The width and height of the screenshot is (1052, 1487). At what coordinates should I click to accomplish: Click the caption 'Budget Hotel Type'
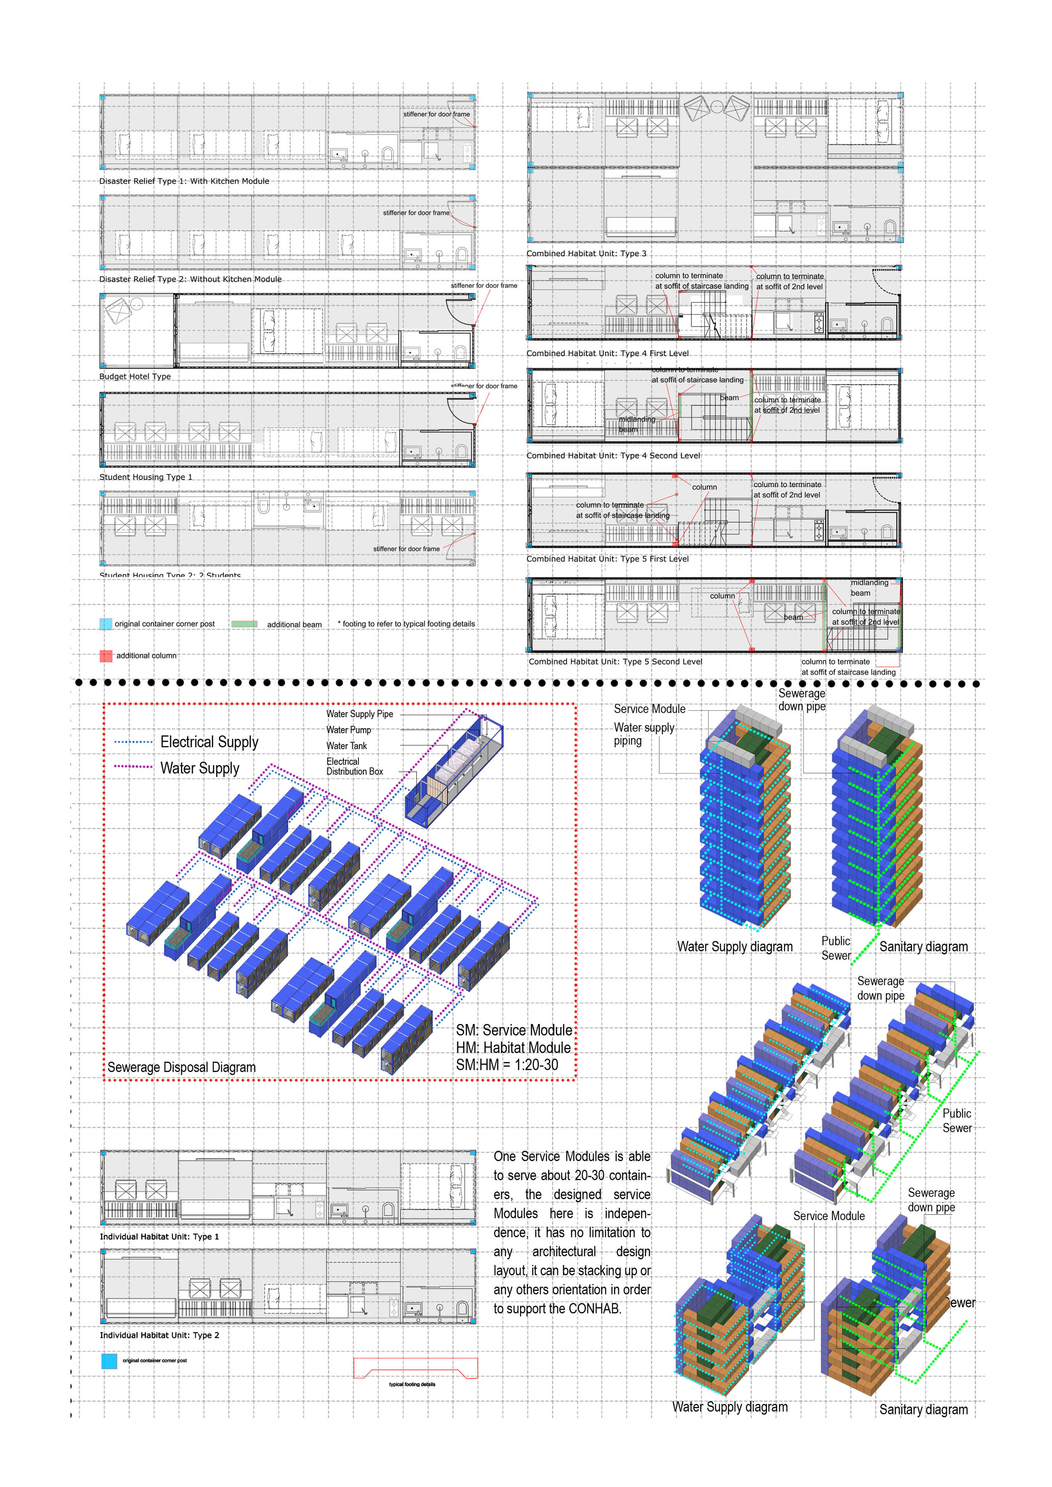click(135, 376)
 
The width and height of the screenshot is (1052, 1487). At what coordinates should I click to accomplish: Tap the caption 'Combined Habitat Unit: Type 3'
click(586, 253)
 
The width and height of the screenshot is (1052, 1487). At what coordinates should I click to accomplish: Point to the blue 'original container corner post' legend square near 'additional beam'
click(106, 624)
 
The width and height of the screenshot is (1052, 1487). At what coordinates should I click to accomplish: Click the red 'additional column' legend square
click(106, 656)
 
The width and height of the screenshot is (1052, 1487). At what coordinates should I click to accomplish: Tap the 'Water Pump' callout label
click(348, 730)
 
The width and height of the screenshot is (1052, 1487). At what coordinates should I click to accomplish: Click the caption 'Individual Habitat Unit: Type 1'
click(159, 1236)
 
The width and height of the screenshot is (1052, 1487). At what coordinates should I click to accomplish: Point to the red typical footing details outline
click(415, 1369)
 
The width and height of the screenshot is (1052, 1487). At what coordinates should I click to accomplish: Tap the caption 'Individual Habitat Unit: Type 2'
click(159, 1335)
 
